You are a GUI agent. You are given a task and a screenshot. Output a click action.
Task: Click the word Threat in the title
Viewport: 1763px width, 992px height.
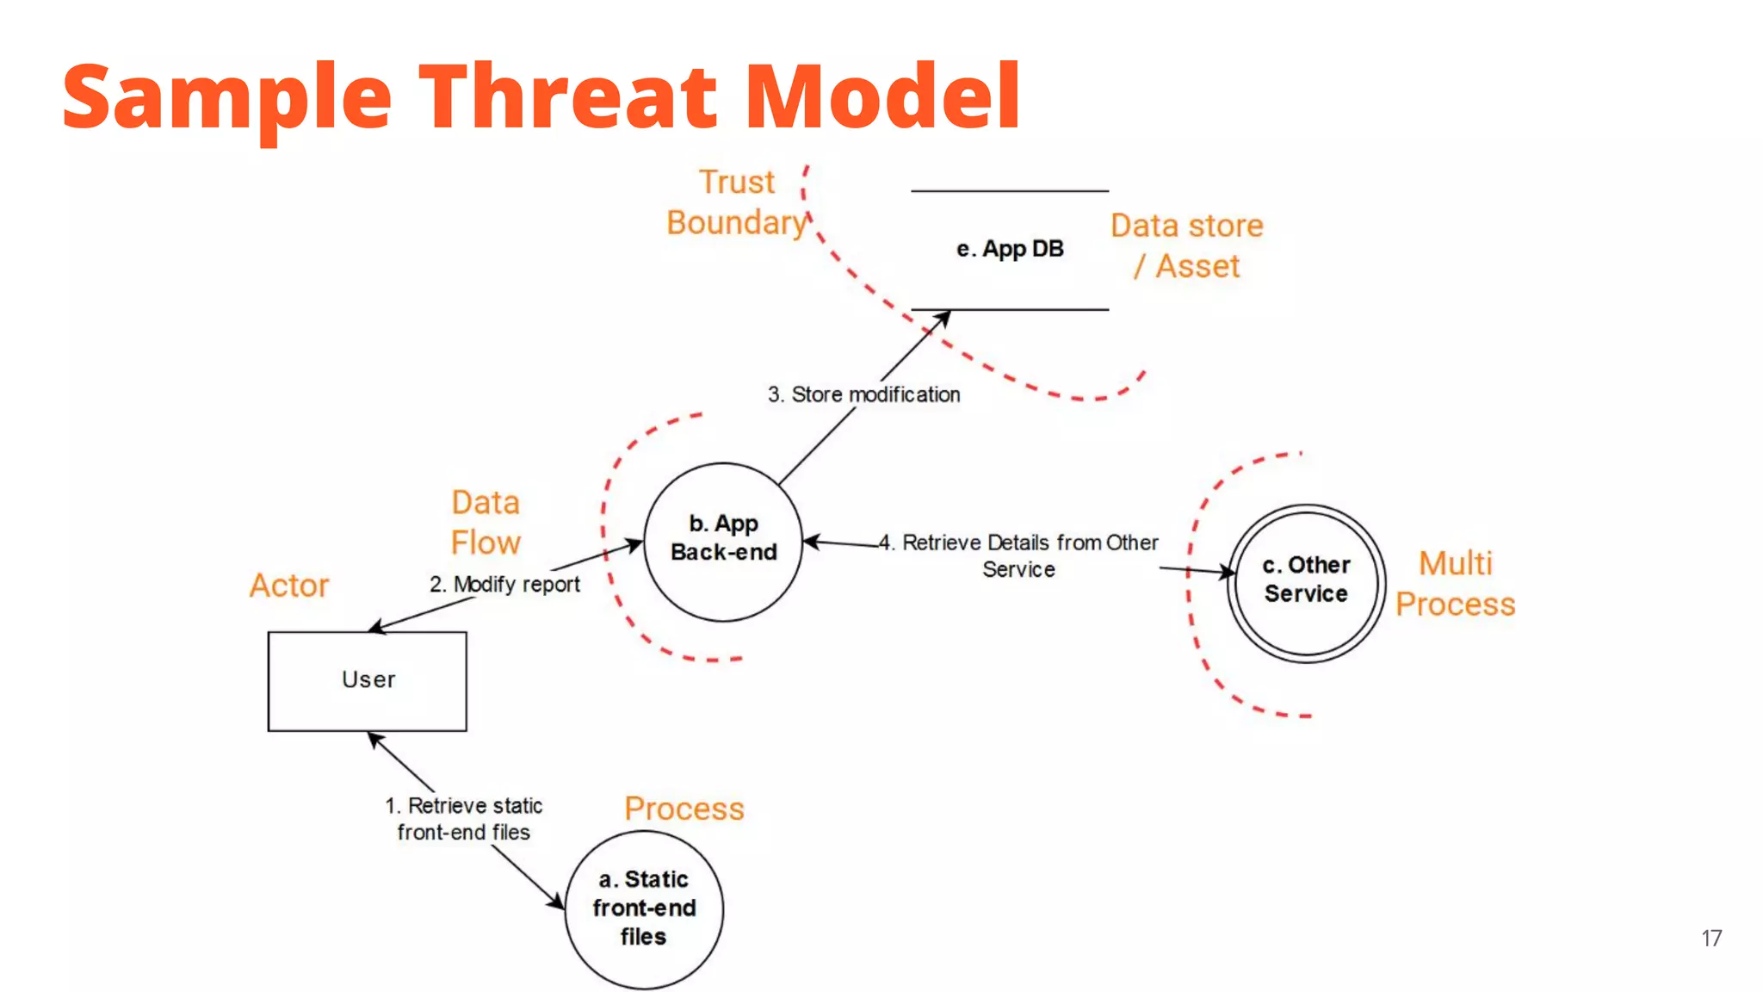coord(568,96)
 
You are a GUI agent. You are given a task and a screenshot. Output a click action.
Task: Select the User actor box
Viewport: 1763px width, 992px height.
coord(368,680)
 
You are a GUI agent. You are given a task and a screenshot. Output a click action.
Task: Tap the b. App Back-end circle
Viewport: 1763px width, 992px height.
coord(723,541)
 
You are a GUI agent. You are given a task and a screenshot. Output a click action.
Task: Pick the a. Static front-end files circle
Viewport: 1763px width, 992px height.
coord(644,908)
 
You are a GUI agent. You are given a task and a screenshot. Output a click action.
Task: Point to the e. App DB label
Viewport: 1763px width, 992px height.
coord(1010,249)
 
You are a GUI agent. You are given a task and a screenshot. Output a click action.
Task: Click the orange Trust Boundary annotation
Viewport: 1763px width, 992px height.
coord(738,203)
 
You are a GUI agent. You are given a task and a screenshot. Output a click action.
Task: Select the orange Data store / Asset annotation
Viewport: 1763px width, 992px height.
coord(1186,246)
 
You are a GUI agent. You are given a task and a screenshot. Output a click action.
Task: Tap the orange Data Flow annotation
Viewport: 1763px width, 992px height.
coord(486,523)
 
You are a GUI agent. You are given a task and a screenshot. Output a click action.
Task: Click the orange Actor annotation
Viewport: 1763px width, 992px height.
coord(289,586)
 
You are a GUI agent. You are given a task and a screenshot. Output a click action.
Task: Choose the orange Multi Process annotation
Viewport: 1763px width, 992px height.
coord(1455,584)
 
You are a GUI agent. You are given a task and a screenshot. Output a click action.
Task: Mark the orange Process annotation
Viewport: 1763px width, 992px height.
coord(684,809)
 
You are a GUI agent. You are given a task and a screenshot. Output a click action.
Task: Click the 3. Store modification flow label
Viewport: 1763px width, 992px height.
coord(863,394)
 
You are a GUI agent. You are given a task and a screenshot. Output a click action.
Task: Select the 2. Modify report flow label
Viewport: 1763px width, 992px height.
coord(504,584)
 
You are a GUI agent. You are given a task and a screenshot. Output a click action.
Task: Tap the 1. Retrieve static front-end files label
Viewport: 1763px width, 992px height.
coord(464,819)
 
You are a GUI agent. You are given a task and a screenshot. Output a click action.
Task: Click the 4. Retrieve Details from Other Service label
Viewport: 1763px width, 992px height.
coord(1020,555)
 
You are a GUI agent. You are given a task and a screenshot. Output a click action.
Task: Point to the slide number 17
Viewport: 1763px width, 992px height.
coord(1711,939)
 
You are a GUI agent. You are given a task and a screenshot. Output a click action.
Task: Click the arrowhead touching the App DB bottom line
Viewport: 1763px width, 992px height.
coord(944,318)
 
